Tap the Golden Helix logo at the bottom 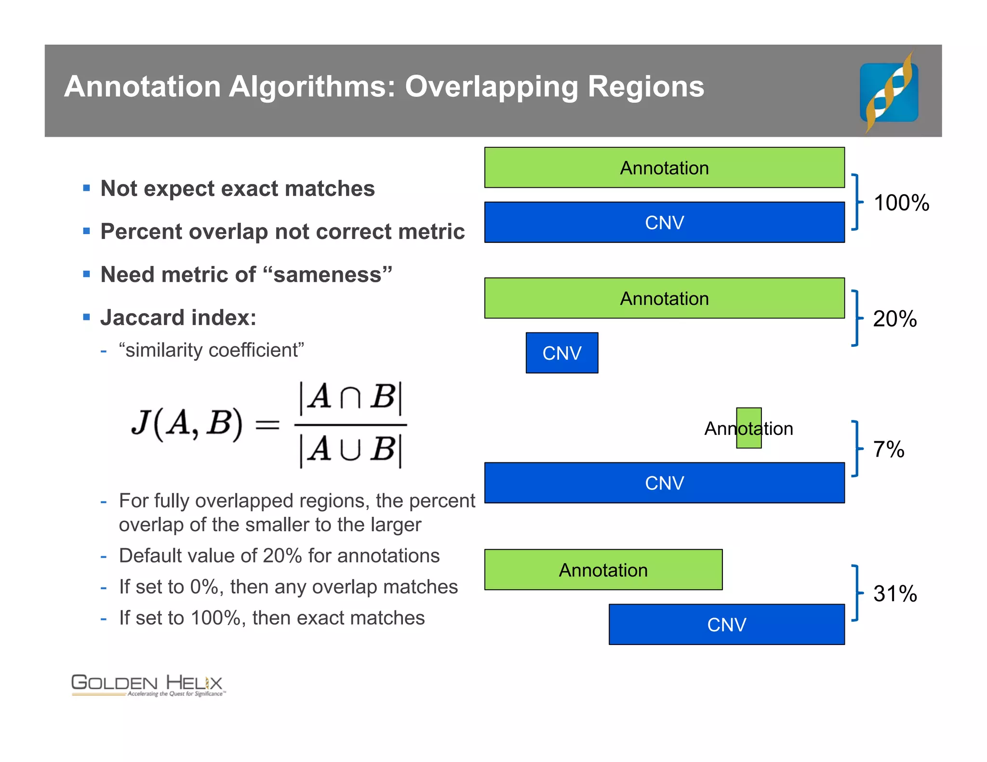pos(147,685)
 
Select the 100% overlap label pos(901,203)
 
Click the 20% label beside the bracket pos(894,319)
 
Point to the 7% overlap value pos(888,449)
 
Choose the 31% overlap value pos(894,593)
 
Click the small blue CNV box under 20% pos(561,353)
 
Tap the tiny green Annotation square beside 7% pos(748,428)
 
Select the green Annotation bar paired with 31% pos(603,570)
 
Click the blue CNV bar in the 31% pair pos(726,624)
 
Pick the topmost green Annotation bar pos(664,168)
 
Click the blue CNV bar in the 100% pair pos(664,222)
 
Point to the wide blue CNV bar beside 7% pos(664,483)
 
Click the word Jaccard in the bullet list pos(142,318)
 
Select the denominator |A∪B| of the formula pos(350,450)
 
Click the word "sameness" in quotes pos(328,275)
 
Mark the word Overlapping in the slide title pos(491,87)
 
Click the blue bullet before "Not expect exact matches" pos(87,188)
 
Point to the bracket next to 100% pos(856,202)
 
